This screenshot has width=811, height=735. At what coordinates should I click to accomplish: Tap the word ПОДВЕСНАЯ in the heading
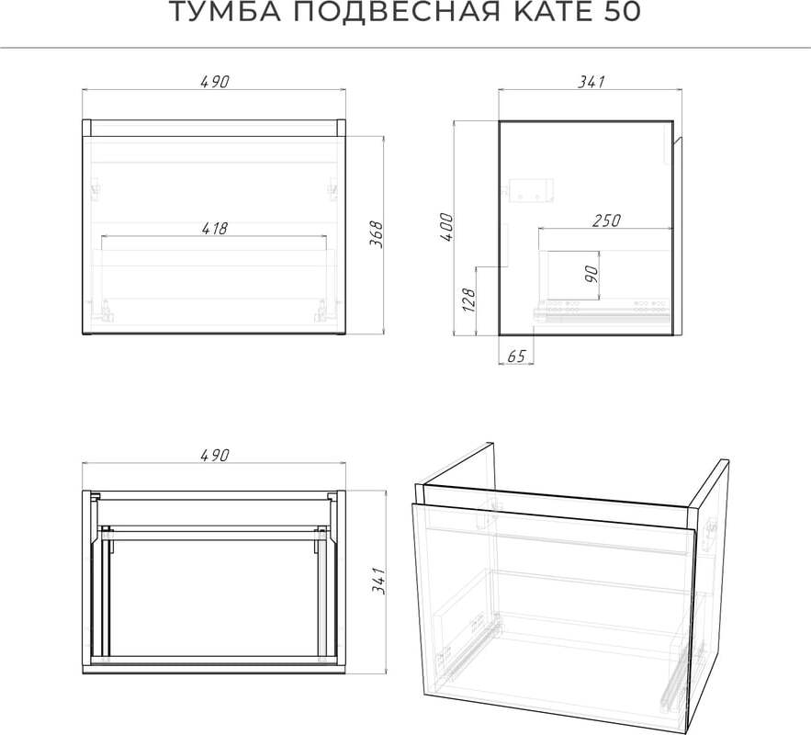(x=397, y=11)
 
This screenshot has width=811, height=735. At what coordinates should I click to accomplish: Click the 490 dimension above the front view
(x=214, y=82)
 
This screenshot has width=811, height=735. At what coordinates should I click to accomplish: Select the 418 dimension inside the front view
(x=214, y=228)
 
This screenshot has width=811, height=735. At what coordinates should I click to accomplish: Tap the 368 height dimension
(x=377, y=234)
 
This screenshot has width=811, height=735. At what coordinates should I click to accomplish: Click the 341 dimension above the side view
(x=591, y=82)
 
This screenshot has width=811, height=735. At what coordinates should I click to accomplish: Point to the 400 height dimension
(x=445, y=227)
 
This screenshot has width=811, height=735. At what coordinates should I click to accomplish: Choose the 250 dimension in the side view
(x=606, y=220)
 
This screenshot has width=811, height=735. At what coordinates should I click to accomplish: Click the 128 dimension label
(x=468, y=300)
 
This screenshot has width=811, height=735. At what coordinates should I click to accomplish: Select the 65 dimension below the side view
(x=516, y=356)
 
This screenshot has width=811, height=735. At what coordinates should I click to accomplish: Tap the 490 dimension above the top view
(x=214, y=455)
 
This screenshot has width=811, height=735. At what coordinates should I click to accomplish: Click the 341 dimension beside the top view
(x=379, y=581)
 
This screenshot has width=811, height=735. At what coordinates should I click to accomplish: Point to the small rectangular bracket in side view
(x=531, y=190)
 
